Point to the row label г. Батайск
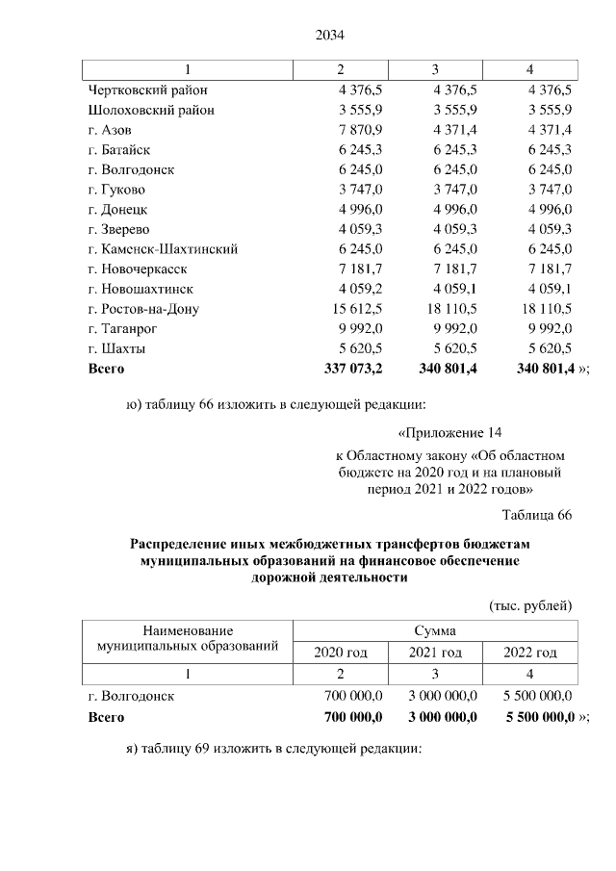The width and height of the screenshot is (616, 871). (118, 149)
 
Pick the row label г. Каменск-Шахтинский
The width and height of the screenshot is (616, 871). (163, 248)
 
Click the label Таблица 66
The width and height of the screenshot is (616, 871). (537, 515)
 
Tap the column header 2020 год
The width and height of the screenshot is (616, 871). (340, 653)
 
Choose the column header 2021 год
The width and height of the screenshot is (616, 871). (435, 653)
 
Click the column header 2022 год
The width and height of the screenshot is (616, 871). (530, 653)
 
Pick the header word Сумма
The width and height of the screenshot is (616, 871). (435, 630)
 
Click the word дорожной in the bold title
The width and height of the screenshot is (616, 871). (284, 578)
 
